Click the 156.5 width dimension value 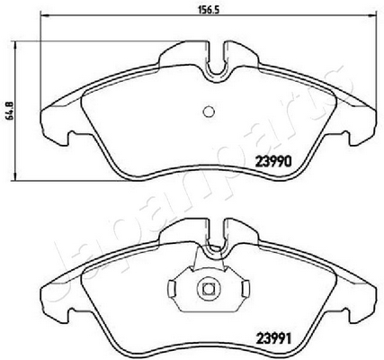point(209,9)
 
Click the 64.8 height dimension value point(9,111)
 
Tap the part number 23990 point(273,162)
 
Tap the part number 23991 point(273,339)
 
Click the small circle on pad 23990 point(209,112)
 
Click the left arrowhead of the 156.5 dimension point(43,14)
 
